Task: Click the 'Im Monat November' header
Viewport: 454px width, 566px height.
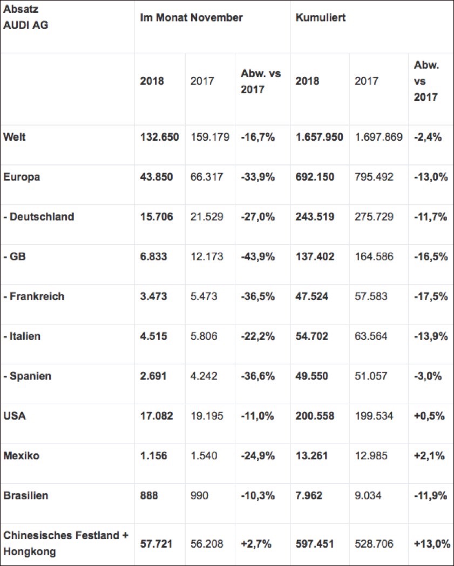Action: (191, 18)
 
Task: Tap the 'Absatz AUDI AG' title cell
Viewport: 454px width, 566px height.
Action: (25, 18)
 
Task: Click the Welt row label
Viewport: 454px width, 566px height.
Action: (15, 137)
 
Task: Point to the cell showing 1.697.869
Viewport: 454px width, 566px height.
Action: (378, 137)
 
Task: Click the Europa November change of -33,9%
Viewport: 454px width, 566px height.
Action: (258, 177)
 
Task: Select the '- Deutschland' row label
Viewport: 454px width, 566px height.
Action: (39, 217)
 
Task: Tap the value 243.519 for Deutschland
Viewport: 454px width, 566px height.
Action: (315, 217)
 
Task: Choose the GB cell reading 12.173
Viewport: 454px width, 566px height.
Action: (207, 257)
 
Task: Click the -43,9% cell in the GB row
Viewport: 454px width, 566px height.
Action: (258, 257)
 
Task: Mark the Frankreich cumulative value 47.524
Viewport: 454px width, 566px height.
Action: (312, 296)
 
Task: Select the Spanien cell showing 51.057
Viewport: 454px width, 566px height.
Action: (371, 376)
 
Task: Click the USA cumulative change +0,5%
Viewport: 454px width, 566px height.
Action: (430, 416)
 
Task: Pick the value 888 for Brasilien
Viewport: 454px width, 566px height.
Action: (149, 496)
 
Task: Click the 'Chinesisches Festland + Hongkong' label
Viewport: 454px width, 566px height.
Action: (66, 543)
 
